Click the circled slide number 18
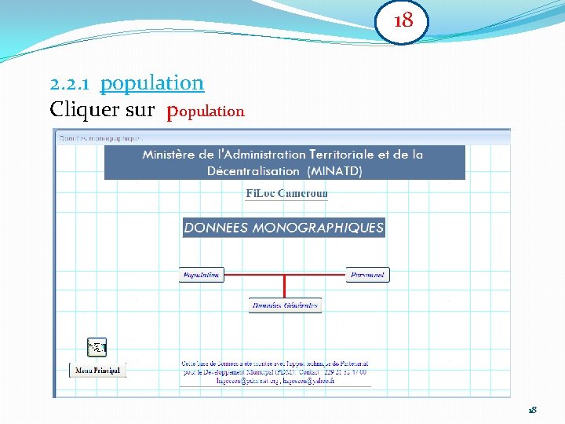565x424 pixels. pyautogui.click(x=403, y=21)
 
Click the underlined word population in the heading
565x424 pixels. pyautogui.click(x=152, y=82)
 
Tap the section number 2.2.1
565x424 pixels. pyautogui.click(x=71, y=83)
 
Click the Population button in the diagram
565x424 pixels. pyautogui.click(x=202, y=275)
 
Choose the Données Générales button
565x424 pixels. pyautogui.click(x=285, y=305)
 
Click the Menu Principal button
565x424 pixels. pyautogui.click(x=98, y=370)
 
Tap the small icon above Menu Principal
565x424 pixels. pyautogui.click(x=97, y=346)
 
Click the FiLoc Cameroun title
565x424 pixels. pyautogui.click(x=286, y=193)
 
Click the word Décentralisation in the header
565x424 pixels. pyautogui.click(x=253, y=170)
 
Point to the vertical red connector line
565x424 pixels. pyautogui.click(x=285, y=287)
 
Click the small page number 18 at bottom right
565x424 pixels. pyautogui.click(x=532, y=410)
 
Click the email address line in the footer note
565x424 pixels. pyautogui.click(x=275, y=381)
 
